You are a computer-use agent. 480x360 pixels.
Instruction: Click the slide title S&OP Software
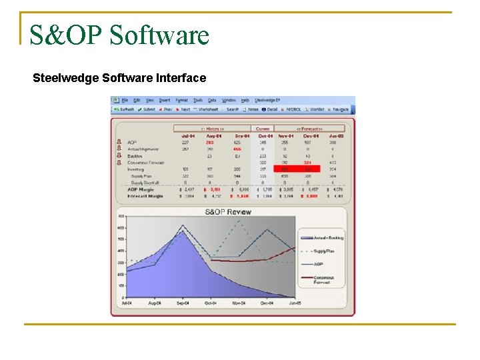tap(119, 35)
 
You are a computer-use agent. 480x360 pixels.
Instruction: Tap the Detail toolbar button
tap(270, 109)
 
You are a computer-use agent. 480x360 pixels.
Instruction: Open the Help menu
tap(245, 101)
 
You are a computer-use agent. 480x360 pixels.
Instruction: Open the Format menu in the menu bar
tap(181, 101)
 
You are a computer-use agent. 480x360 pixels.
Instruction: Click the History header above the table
tap(212, 129)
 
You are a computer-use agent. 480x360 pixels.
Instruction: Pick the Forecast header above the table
tap(309, 129)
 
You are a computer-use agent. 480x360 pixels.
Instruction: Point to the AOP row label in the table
tap(132, 142)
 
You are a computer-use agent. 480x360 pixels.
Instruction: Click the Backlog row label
tap(135, 155)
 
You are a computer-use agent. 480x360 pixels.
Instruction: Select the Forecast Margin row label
tap(145, 196)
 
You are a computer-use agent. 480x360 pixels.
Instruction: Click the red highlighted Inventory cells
tap(297, 169)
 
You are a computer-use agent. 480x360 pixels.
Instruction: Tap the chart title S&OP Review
tap(228, 212)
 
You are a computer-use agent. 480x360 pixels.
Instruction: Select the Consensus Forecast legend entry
tap(325, 279)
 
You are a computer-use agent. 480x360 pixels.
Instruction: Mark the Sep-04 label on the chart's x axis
tap(181, 303)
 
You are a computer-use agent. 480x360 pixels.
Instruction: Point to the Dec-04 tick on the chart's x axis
tap(267, 303)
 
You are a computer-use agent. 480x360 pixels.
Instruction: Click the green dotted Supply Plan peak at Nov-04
tap(238, 221)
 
